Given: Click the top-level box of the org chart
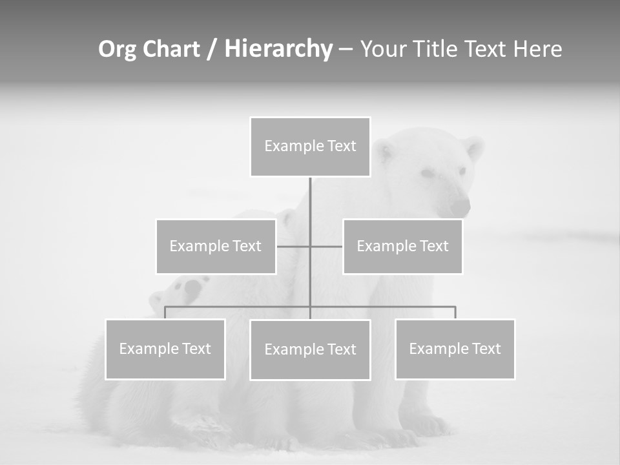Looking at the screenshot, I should [310, 147].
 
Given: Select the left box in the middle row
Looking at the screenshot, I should [216, 246].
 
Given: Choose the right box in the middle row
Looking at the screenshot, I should [402, 246].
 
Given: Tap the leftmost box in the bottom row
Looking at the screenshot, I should [165, 349].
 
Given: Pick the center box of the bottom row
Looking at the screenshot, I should [310, 350].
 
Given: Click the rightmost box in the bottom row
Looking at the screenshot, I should [455, 349].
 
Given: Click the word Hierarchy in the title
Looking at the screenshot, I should [278, 49].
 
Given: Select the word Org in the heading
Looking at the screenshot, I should [117, 49].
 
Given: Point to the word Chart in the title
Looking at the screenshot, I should [170, 49].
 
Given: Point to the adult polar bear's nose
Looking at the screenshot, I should [460, 207].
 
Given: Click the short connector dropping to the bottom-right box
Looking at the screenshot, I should [455, 313].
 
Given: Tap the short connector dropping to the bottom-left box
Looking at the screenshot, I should [165, 313].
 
